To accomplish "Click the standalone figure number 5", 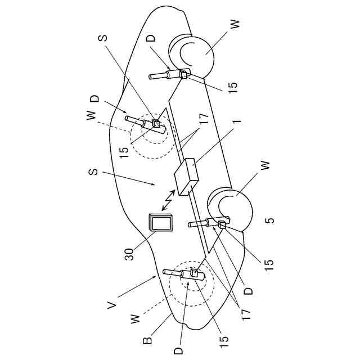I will coord(269,219).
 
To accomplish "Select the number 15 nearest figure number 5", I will coord(269,262).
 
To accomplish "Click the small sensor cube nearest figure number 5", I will coord(221,226).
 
